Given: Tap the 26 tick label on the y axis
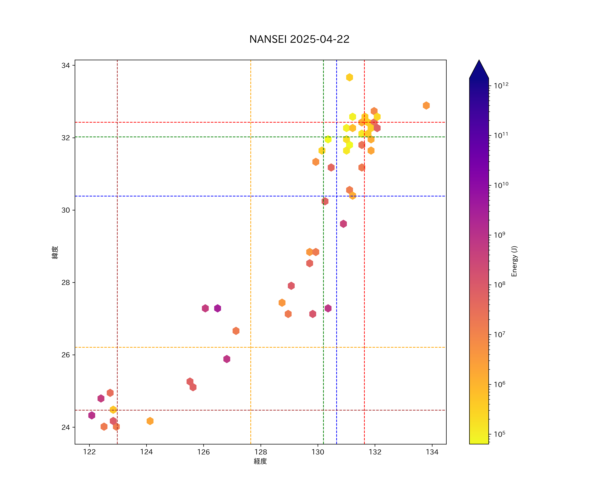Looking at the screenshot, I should coord(66,355).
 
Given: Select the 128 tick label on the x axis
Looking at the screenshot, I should coord(261,452).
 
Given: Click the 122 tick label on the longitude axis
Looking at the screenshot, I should coord(89,452).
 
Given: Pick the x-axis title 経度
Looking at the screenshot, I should coord(260,461).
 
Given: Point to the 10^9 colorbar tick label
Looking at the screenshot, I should coord(499,235).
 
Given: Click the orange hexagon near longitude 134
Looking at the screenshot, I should coord(426,105).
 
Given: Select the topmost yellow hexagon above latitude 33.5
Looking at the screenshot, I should coord(349,77).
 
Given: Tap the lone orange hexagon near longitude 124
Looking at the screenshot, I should coord(150,421).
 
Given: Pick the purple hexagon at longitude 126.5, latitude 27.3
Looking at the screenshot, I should coord(218,308).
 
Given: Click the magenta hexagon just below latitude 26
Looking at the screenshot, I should coord(227,359).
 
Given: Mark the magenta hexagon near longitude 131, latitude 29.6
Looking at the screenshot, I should coord(343,224).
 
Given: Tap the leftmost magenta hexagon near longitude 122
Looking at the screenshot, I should coord(92,415).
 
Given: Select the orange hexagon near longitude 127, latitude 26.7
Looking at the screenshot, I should coord(236,331).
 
